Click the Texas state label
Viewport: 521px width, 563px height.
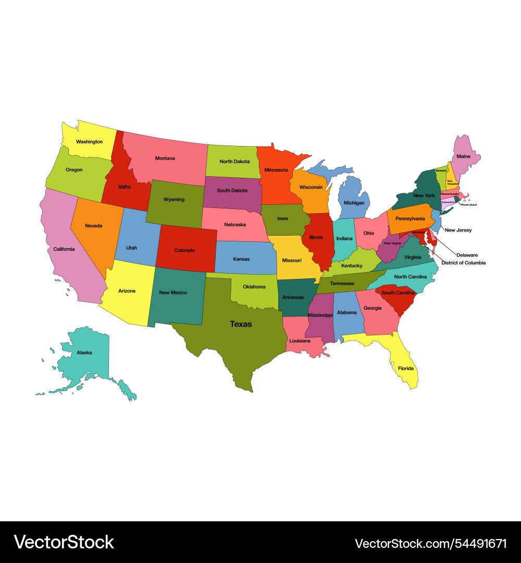point(241,324)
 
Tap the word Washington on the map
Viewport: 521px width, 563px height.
point(89,142)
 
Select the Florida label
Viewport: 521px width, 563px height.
point(406,369)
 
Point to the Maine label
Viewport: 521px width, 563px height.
point(463,156)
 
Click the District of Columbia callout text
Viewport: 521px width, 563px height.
point(463,263)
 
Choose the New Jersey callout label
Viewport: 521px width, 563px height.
point(458,230)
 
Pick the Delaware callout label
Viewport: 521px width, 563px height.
point(467,255)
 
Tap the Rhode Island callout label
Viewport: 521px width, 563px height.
point(468,205)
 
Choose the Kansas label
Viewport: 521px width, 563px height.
point(241,259)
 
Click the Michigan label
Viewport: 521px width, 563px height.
point(354,203)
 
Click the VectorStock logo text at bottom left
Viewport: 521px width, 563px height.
point(64,542)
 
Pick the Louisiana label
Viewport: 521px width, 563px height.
point(300,341)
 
